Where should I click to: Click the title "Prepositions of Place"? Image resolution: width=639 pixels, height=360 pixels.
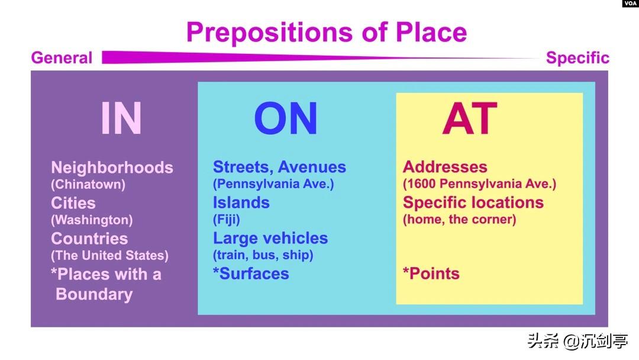(x=327, y=33)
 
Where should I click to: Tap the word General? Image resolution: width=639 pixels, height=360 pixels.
(x=62, y=57)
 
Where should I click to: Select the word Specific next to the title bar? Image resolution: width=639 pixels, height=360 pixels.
(x=577, y=58)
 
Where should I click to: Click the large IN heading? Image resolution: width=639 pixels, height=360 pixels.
(x=121, y=118)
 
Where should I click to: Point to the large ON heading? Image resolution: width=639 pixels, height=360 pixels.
(x=286, y=118)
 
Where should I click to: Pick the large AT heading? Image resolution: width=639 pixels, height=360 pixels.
(x=469, y=118)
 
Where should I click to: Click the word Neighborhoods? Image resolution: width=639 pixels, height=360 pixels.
(x=112, y=168)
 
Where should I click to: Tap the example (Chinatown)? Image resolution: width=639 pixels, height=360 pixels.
(x=88, y=184)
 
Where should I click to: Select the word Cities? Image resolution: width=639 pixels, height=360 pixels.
(x=73, y=203)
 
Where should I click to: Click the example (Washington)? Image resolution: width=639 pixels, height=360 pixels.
(x=92, y=220)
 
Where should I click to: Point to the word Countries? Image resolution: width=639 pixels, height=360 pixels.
(x=89, y=239)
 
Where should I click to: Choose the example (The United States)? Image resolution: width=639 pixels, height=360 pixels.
(x=109, y=255)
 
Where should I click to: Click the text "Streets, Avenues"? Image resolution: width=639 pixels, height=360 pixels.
(x=279, y=167)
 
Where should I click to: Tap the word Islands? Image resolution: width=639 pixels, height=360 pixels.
(x=241, y=202)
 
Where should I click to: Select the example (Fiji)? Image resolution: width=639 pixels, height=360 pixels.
(x=227, y=219)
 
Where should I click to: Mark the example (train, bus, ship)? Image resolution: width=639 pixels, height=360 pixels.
(x=263, y=255)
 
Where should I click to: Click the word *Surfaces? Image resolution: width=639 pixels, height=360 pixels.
(x=251, y=274)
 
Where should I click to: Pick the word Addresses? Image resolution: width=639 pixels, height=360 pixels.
(x=445, y=167)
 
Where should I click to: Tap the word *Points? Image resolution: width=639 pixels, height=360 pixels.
(x=431, y=274)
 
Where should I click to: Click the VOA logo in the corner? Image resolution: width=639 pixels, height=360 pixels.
(x=630, y=4)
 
